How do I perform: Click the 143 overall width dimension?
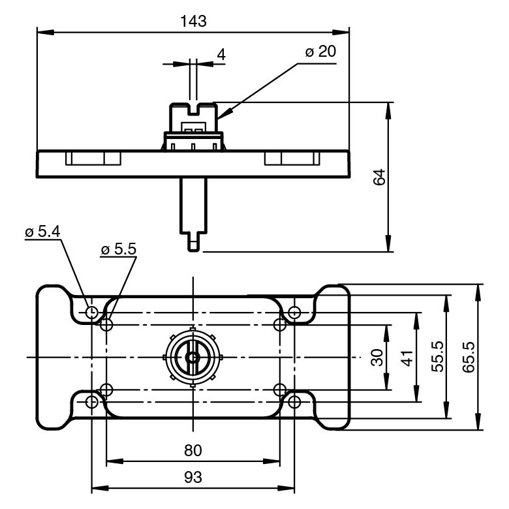pos(193,21)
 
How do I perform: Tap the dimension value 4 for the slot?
pos(221,54)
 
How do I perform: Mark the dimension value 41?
pos(408,357)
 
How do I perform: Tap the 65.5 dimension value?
pos(469,357)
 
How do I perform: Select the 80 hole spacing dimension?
pos(193,450)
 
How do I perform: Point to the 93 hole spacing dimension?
pos(193,478)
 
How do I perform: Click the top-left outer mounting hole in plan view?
pos(92,312)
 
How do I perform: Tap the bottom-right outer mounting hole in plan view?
pos(294,401)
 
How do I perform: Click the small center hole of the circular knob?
pos(193,357)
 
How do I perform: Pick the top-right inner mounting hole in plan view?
pos(280,324)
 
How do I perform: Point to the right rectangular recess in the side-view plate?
pos(292,159)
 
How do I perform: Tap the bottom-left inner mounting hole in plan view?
pos(107,390)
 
